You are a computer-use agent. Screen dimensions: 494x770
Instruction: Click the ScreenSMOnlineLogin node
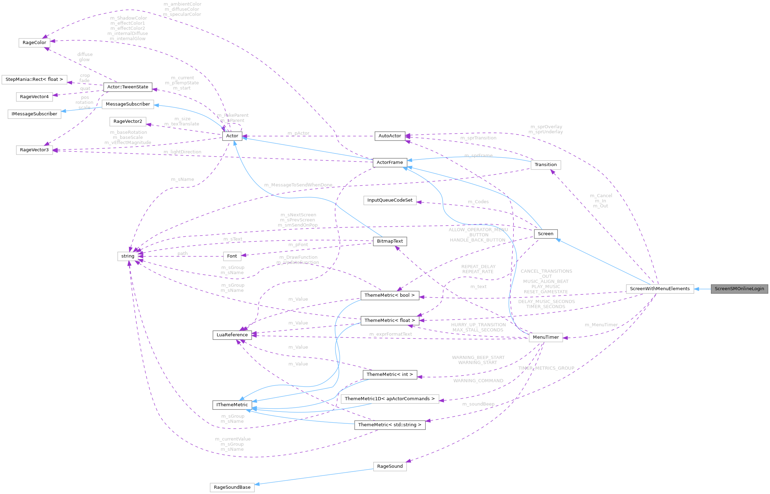click(739, 289)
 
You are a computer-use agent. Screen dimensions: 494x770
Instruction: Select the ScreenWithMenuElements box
click(660, 289)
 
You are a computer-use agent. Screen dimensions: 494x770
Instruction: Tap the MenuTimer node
click(546, 337)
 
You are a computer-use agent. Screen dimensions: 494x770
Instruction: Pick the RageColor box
click(34, 43)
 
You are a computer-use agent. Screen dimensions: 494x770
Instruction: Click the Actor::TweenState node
click(128, 87)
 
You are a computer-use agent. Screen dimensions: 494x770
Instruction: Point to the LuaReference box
click(232, 335)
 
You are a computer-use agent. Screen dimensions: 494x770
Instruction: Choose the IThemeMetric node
click(232, 405)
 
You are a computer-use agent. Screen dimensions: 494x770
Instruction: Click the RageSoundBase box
click(232, 487)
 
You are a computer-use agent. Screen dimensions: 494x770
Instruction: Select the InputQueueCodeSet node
click(390, 200)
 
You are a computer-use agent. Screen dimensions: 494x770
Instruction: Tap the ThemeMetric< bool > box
click(389, 295)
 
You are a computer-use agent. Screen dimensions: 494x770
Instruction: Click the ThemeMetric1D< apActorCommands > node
click(390, 399)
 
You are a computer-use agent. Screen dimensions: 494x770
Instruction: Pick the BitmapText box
click(390, 241)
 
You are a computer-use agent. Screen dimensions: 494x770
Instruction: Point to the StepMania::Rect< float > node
click(34, 79)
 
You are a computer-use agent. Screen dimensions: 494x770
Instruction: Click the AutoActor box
click(390, 136)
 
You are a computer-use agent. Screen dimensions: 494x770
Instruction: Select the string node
click(128, 256)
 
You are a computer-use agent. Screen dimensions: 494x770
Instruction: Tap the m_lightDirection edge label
click(182, 152)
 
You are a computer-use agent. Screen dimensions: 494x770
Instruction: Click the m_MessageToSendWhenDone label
click(298, 185)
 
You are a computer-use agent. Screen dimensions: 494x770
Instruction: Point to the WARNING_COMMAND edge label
click(478, 381)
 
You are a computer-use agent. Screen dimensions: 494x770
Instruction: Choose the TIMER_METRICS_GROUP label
click(546, 368)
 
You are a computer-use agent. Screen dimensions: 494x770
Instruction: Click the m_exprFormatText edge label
click(390, 334)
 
